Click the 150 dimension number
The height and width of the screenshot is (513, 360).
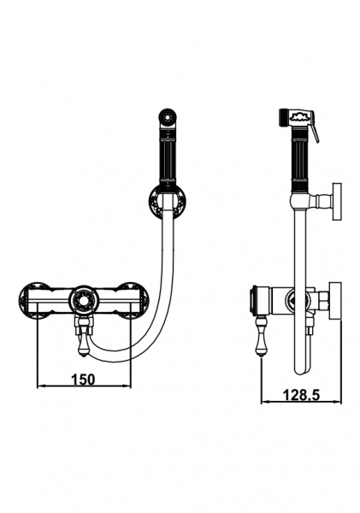(83, 380)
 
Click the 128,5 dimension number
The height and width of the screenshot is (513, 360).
(301, 395)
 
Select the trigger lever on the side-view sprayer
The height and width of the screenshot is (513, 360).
(316, 129)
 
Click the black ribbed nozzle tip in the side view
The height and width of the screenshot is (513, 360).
(283, 117)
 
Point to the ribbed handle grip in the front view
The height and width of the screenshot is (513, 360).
(168, 157)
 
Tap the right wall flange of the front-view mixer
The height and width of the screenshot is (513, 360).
(133, 298)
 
